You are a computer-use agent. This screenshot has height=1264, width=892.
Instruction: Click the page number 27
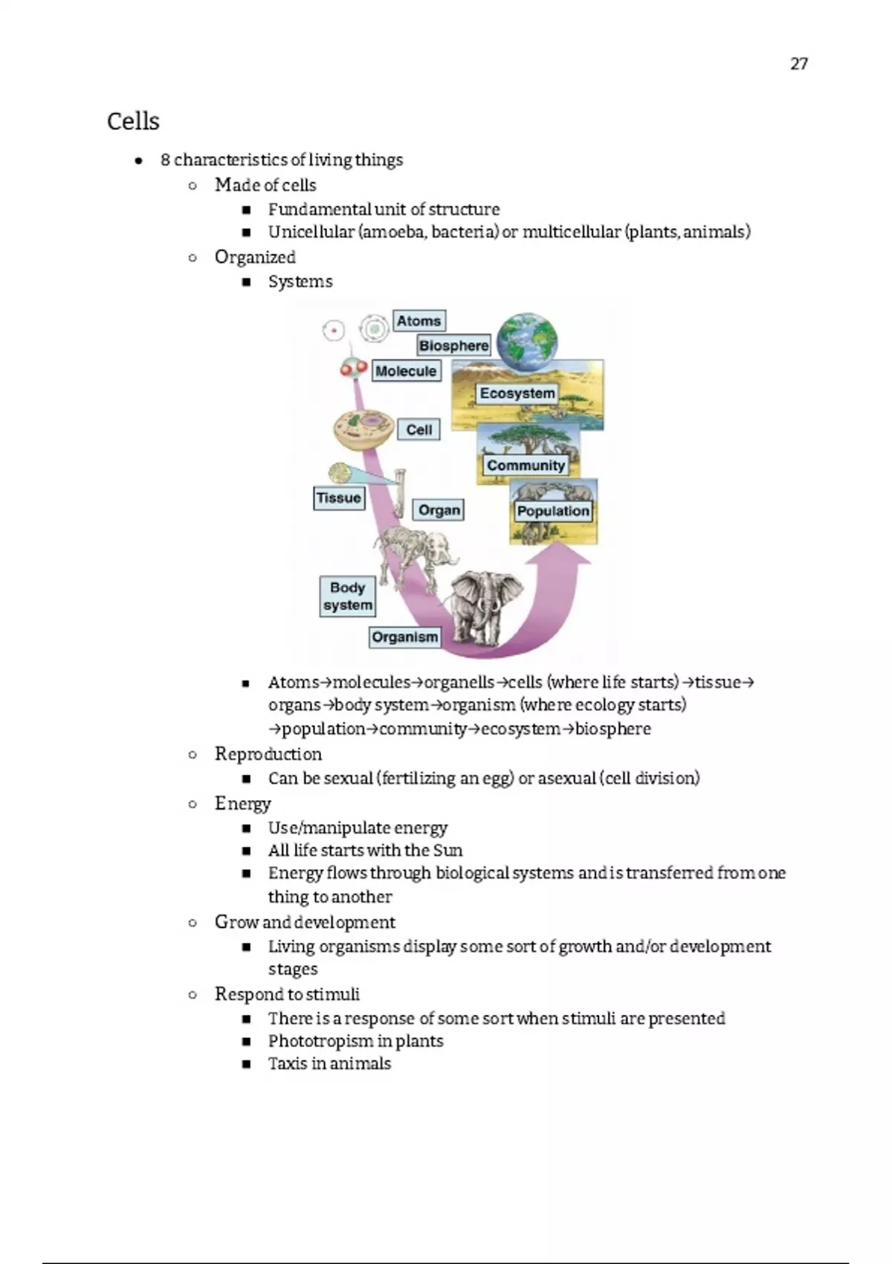(798, 64)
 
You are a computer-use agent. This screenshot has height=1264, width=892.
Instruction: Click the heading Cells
(133, 121)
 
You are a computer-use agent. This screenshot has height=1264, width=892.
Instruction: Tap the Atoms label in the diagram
(418, 321)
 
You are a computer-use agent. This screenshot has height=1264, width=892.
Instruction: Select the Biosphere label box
(453, 346)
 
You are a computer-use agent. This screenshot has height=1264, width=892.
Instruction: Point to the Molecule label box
(406, 371)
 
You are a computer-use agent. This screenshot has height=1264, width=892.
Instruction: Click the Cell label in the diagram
(419, 430)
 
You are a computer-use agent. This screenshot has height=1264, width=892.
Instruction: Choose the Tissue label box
(339, 498)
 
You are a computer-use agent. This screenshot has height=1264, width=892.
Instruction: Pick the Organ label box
(439, 510)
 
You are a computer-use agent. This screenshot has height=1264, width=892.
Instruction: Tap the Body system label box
(347, 596)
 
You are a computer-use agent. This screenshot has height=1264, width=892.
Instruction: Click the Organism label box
(404, 637)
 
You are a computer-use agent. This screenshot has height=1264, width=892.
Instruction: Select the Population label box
(553, 511)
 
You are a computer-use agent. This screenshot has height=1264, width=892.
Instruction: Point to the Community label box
(526, 465)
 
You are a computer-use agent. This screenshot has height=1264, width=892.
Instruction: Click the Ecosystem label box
(517, 393)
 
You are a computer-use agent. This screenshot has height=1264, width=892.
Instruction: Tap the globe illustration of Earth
(527, 341)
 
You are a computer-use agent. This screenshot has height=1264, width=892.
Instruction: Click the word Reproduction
(268, 754)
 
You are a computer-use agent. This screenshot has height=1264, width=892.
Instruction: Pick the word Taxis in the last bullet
(288, 1063)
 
